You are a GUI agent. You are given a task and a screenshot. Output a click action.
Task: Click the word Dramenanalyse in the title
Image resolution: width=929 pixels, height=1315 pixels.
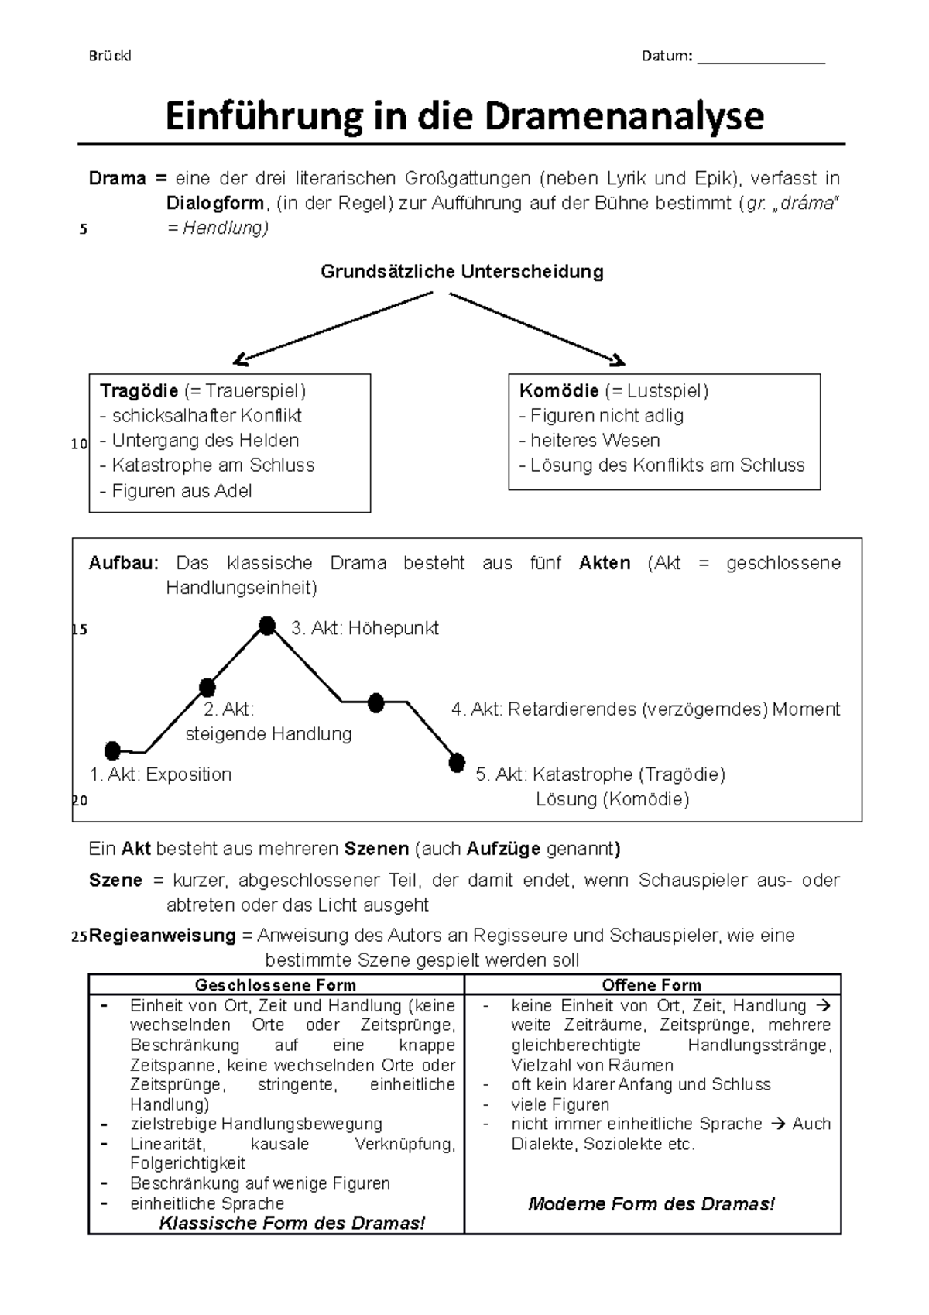point(624,117)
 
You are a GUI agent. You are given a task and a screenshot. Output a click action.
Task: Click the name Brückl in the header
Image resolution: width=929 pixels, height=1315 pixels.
point(110,56)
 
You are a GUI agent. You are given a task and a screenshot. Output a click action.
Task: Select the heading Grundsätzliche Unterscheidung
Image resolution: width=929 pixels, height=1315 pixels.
point(462,272)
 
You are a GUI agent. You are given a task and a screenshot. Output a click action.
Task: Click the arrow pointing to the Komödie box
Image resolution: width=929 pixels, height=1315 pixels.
point(536,328)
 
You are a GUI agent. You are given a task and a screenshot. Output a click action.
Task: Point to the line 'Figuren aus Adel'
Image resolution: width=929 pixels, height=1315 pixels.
point(177,491)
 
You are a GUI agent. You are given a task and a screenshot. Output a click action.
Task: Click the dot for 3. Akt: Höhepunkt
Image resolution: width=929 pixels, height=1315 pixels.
point(267,625)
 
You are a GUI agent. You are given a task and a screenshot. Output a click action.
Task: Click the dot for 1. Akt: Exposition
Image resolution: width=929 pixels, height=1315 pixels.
point(113,750)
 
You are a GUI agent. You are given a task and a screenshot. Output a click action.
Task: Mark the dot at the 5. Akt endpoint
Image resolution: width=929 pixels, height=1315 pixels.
point(457,763)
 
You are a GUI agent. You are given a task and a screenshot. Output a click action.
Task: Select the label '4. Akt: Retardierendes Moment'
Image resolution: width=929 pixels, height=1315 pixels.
point(645,709)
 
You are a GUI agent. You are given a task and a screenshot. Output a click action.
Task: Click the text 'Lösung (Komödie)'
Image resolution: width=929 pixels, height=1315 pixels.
point(612,799)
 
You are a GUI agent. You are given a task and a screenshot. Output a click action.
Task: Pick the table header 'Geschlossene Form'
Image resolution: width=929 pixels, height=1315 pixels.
point(276,985)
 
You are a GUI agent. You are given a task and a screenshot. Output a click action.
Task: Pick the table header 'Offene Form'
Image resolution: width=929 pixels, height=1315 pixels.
point(651,985)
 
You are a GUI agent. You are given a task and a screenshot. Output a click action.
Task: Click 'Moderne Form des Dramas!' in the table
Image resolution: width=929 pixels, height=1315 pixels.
point(651,1203)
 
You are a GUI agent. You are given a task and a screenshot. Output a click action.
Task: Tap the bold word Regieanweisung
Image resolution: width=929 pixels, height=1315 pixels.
point(163,936)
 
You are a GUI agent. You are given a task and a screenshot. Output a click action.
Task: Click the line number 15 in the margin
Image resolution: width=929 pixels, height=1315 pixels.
point(79,630)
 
